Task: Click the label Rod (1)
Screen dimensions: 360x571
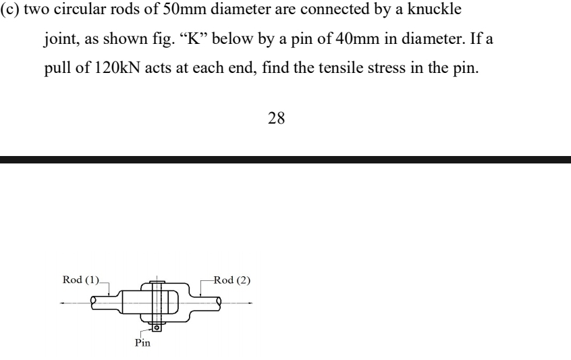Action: point(78,281)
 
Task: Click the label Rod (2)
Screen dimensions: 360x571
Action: point(232,281)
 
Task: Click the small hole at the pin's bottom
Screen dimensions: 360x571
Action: point(157,328)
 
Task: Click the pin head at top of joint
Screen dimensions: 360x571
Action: point(157,282)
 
